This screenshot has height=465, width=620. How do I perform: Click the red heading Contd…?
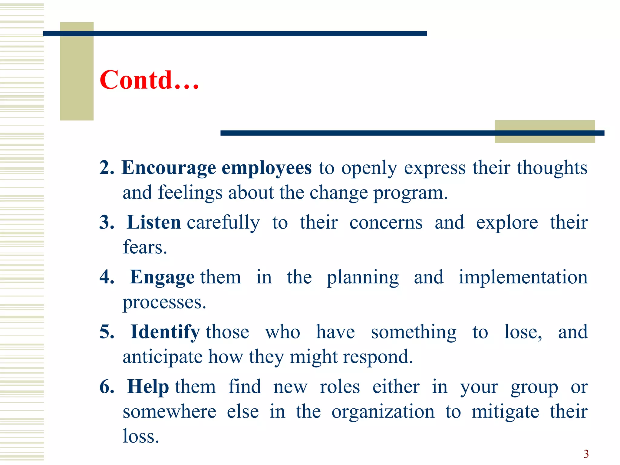tap(149, 80)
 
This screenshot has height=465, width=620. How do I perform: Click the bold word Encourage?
tap(169, 168)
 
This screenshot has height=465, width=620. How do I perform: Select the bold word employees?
tap(266, 168)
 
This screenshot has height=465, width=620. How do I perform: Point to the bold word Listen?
tap(154, 223)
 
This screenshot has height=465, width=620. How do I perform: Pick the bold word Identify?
tap(165, 332)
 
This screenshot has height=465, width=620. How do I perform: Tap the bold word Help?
tap(148, 387)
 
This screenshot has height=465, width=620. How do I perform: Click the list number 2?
tap(107, 168)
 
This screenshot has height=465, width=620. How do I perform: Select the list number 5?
tap(107, 332)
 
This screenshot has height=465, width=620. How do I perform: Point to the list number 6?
tap(107, 387)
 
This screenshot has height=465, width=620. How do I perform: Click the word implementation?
tap(523, 277)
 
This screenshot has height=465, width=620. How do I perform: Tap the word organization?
tap(383, 412)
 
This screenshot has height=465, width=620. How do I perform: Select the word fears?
tap(145, 247)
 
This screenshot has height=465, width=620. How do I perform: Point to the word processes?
tap(164, 302)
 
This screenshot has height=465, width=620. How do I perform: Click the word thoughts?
tap(552, 168)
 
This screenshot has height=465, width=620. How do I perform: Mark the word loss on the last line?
tap(140, 436)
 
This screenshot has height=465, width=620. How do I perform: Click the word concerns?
tap(386, 223)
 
